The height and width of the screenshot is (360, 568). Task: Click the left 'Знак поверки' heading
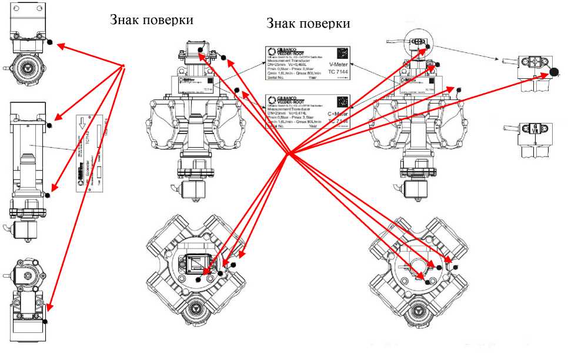(x=152, y=19)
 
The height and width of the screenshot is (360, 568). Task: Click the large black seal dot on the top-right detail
(x=554, y=72)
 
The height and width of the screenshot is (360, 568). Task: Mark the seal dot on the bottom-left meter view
(x=45, y=322)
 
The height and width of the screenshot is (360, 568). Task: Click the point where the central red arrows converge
(x=288, y=155)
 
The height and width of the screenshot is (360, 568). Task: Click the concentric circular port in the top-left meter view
(x=25, y=67)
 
